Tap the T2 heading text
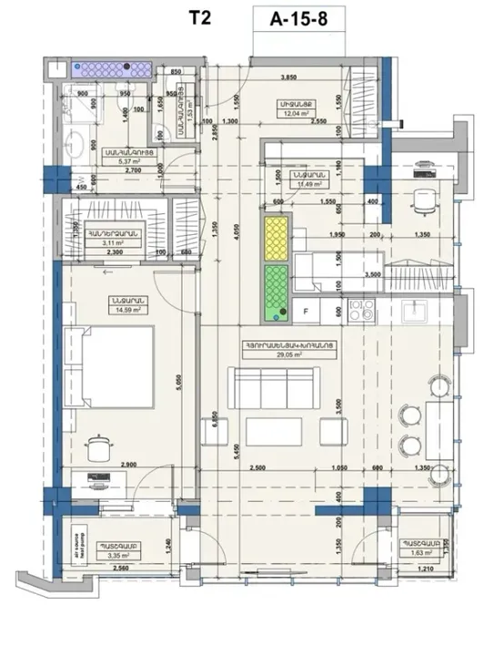(x=201, y=20)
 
